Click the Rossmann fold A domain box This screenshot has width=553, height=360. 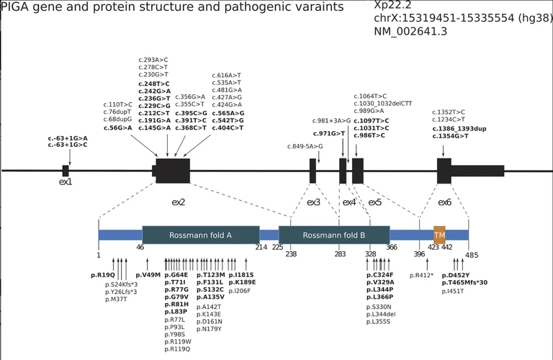(x=201, y=235)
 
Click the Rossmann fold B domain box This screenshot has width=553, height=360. (x=334, y=235)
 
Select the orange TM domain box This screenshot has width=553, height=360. (x=439, y=235)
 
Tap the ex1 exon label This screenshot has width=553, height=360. (x=66, y=182)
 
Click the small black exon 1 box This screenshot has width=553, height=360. (x=66, y=171)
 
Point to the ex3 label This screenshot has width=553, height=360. (x=313, y=202)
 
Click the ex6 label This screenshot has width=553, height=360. (x=444, y=202)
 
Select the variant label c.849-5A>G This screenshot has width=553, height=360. (x=305, y=146)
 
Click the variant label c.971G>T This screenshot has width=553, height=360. (x=329, y=134)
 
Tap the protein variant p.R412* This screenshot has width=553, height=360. (x=422, y=275)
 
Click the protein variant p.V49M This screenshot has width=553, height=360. (x=148, y=275)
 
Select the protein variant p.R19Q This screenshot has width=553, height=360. (x=103, y=275)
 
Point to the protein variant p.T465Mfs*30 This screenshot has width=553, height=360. (x=464, y=283)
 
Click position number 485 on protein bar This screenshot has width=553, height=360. (x=472, y=254)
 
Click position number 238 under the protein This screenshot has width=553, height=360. (x=291, y=254)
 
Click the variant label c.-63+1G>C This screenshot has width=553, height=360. (x=68, y=145)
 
